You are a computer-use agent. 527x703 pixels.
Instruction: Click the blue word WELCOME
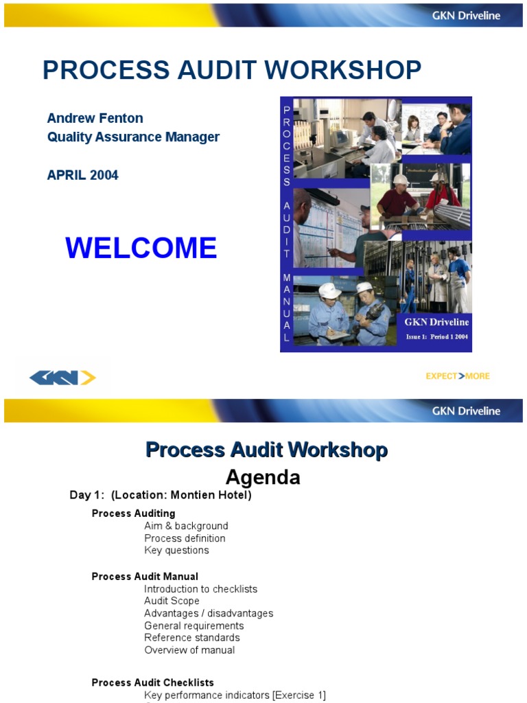(x=141, y=248)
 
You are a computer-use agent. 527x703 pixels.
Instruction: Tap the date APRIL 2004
(x=82, y=175)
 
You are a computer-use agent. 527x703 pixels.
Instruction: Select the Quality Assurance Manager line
(x=133, y=137)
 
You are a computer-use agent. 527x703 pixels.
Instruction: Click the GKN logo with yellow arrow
(x=62, y=378)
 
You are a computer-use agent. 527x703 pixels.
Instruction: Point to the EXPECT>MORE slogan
(x=458, y=376)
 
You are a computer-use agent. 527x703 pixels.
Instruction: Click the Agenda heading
(x=263, y=477)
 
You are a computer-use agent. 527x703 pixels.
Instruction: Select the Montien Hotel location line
(x=161, y=495)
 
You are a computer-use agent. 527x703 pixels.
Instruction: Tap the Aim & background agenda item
(x=186, y=526)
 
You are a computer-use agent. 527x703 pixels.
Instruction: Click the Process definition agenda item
(x=185, y=538)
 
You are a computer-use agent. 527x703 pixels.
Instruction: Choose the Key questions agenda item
(x=176, y=550)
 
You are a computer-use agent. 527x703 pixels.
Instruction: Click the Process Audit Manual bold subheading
(x=145, y=577)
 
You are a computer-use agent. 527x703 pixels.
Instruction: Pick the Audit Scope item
(x=172, y=601)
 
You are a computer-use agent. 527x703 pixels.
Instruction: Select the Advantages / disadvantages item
(x=209, y=613)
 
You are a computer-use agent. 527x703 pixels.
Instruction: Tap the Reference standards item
(x=192, y=638)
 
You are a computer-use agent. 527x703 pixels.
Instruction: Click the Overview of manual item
(x=189, y=650)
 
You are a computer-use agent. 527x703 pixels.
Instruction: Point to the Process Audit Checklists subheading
(x=152, y=682)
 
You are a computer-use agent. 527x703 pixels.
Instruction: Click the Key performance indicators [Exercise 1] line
(x=235, y=695)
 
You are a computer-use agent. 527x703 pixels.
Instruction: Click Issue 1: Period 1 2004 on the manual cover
(x=436, y=337)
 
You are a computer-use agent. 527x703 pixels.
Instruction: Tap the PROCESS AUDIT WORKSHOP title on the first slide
(x=232, y=70)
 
